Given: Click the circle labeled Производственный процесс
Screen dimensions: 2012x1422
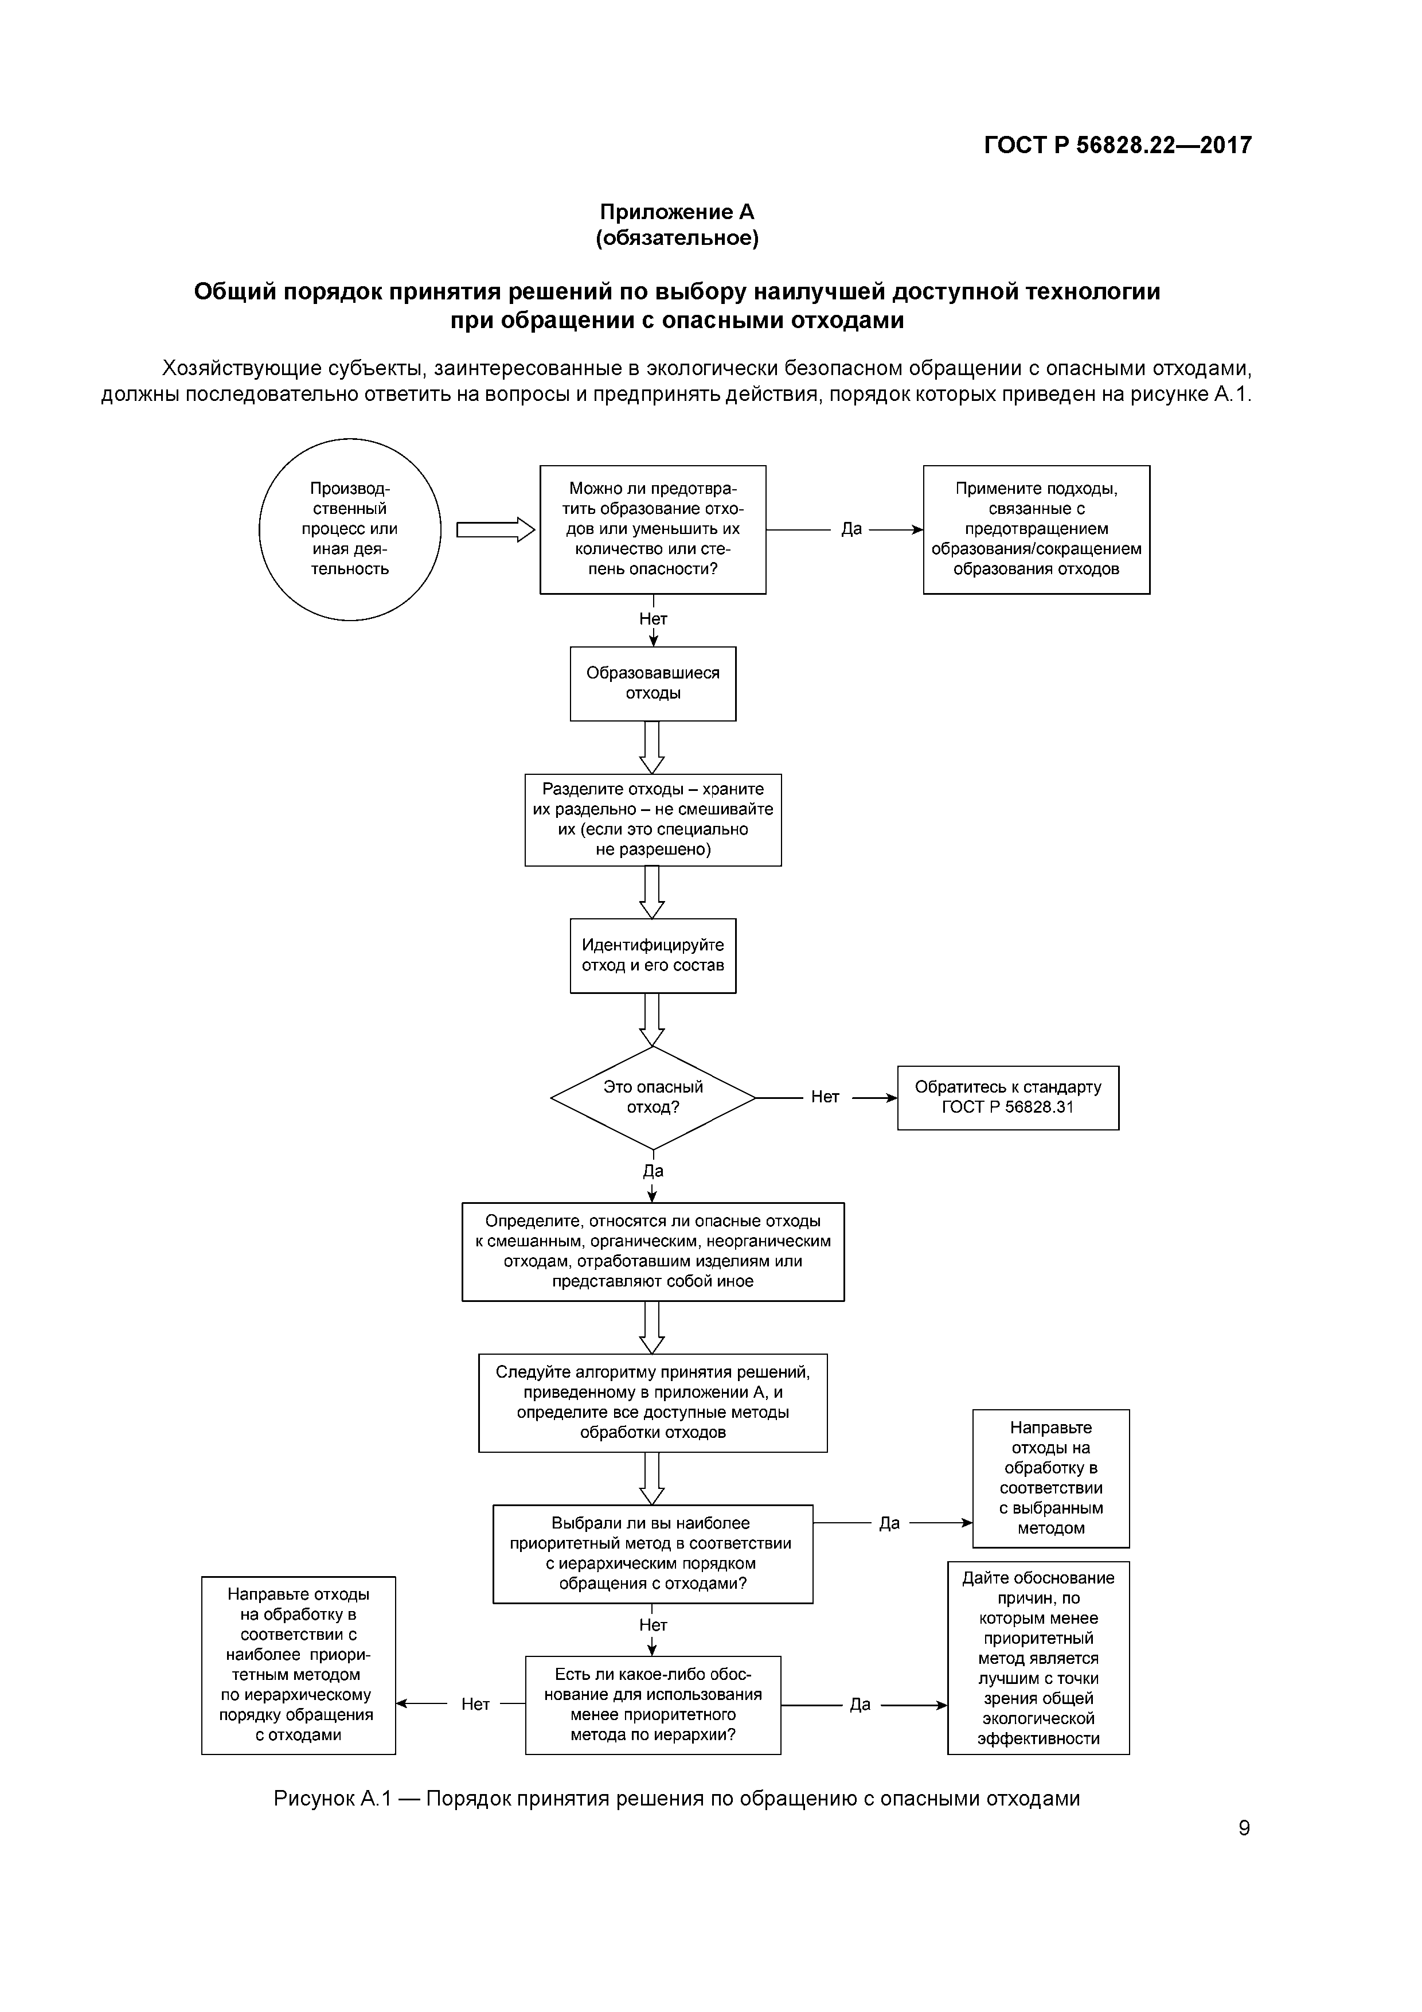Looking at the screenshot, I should click(350, 529).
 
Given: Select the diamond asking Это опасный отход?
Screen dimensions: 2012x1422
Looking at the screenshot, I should click(653, 1097).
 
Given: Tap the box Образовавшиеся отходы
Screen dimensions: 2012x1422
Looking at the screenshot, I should click(653, 684).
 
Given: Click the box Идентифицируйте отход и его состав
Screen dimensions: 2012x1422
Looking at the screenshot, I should click(653, 955).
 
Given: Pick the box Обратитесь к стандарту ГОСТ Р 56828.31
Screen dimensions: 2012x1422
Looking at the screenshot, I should click(1007, 1097).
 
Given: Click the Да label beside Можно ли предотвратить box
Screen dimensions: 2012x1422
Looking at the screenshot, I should click(851, 529).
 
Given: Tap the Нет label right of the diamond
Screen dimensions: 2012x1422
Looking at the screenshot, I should click(825, 1097).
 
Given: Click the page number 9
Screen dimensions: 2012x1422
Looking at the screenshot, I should click(1243, 1828).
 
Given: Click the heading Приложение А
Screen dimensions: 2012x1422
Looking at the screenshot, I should click(677, 212).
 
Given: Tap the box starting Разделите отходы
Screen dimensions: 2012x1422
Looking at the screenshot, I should click(653, 820).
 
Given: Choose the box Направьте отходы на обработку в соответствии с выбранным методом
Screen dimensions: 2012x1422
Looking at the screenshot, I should click(1050, 1479).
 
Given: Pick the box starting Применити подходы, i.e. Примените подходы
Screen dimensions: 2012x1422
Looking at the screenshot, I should click(1037, 529).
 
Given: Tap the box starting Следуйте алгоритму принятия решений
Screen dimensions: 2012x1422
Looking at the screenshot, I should click(653, 1403).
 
